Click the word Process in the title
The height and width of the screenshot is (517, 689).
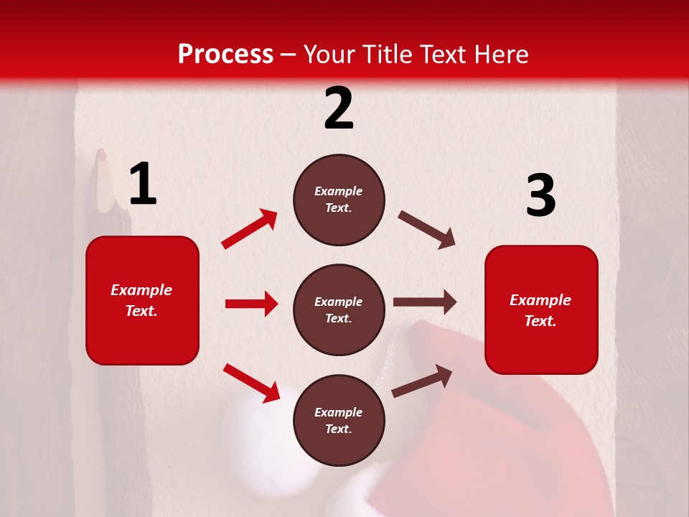pos(225,55)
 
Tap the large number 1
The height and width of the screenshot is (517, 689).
pos(143,185)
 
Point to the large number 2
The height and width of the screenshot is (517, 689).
pos(339,108)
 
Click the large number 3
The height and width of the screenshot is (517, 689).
pos(540,196)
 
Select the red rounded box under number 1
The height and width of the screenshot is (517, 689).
pos(142,300)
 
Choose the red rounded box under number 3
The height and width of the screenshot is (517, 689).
pos(541,309)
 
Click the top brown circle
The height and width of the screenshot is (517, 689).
pos(339,200)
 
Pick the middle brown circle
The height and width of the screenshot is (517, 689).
pos(339,309)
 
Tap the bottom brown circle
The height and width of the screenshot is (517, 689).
pos(339,420)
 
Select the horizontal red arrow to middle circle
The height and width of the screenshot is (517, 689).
pos(251,304)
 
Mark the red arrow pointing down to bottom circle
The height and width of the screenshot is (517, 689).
pos(251,382)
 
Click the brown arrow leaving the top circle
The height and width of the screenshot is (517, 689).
pos(426,229)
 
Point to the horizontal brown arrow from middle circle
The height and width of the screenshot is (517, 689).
pos(425,302)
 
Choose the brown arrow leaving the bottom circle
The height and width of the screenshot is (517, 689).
pos(422,381)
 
